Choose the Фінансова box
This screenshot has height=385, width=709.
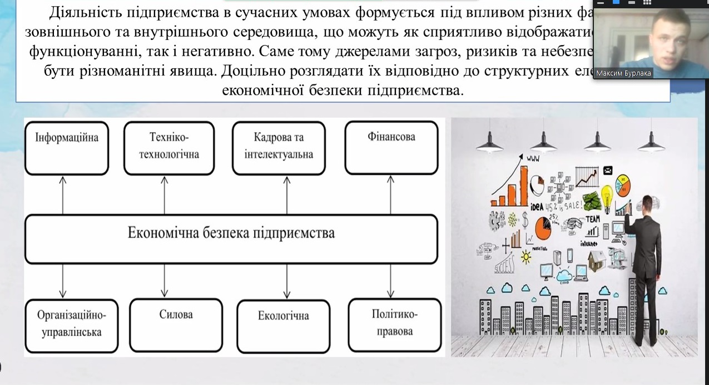391,147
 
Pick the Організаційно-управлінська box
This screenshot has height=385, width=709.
72,325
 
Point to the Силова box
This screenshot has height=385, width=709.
176,325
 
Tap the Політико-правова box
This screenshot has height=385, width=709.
395,325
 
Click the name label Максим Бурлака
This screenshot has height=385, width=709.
623,73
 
